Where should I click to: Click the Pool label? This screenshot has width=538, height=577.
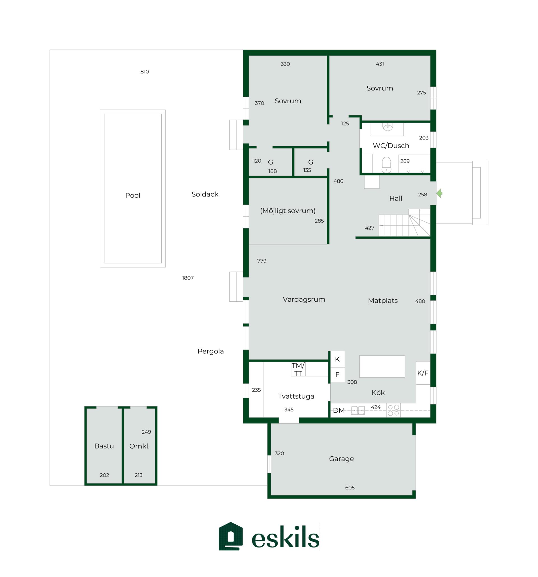[x=133, y=195]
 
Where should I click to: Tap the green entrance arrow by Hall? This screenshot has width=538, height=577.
[x=439, y=193]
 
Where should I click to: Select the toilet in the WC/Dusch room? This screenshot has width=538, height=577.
[x=386, y=165]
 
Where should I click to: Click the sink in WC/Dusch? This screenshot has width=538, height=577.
[x=388, y=127]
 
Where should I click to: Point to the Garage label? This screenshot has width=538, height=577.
[x=342, y=459]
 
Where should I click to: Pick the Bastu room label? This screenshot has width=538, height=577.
[x=104, y=446]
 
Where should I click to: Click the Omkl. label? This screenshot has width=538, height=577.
[x=139, y=446]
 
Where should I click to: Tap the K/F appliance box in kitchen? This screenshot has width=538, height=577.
[x=423, y=373]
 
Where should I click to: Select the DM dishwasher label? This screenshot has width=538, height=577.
[x=339, y=410]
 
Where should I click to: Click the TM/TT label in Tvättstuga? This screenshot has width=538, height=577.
[x=298, y=369]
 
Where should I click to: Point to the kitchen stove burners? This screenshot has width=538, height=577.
[x=393, y=410]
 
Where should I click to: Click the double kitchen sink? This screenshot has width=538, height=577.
[x=358, y=410]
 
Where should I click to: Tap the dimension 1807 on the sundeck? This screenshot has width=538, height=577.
[x=188, y=278]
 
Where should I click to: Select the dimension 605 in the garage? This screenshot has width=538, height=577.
[x=350, y=488]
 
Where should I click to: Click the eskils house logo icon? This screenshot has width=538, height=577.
[x=231, y=536]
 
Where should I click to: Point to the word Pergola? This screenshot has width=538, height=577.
[x=210, y=352]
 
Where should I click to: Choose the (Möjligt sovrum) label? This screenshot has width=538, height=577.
[x=288, y=211]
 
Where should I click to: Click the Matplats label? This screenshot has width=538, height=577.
[x=383, y=301]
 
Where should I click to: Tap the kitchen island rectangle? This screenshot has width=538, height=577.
[x=382, y=366]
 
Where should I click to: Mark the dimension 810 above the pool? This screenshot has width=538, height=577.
[x=145, y=72]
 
